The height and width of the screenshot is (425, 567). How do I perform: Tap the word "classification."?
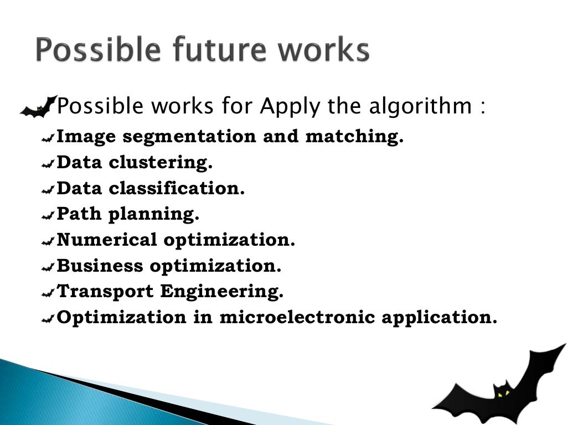click(x=177, y=189)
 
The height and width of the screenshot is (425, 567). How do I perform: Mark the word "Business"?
click(x=100, y=266)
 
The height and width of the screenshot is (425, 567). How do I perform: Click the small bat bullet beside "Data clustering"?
click(x=48, y=163)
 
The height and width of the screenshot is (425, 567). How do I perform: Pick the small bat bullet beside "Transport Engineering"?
click(x=48, y=292)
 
